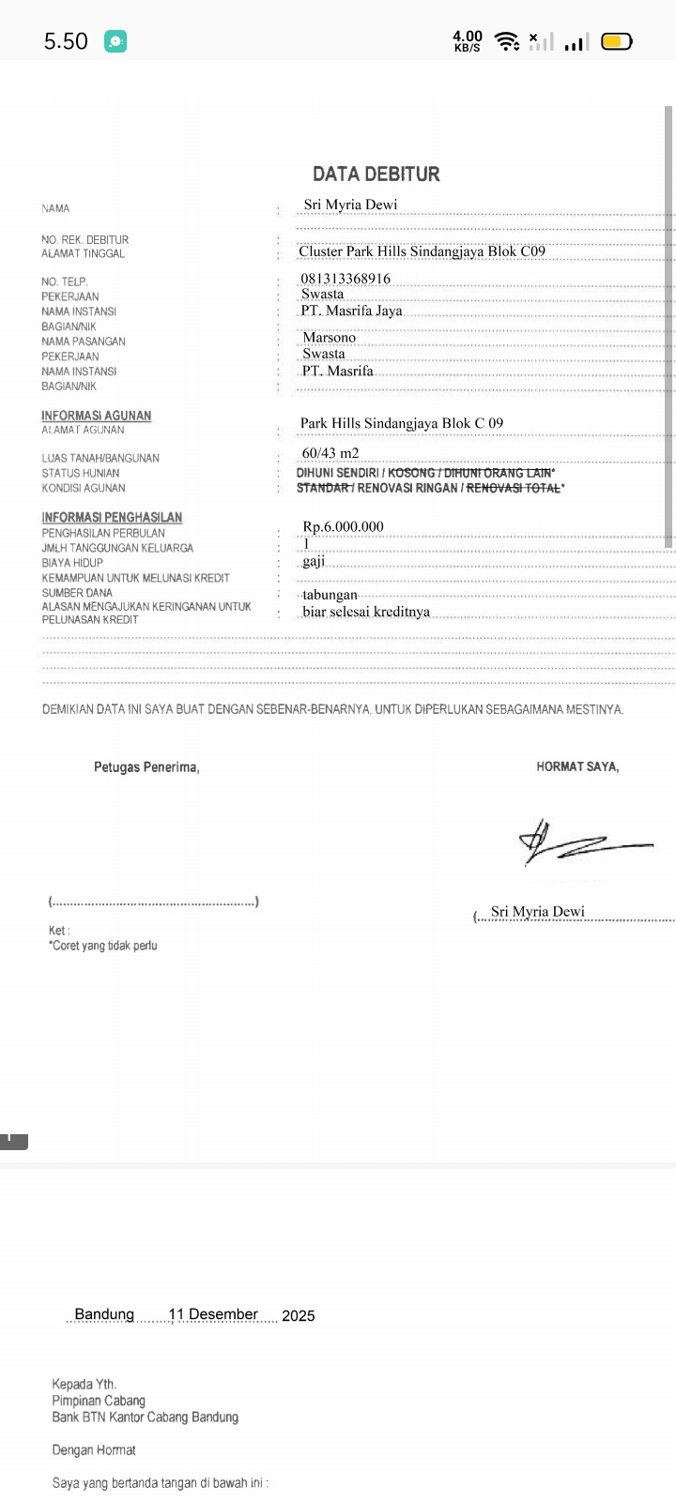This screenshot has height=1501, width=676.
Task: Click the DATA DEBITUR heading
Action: tap(376, 174)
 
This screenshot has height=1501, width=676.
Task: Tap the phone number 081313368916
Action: tap(346, 279)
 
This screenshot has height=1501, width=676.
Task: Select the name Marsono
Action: tap(329, 338)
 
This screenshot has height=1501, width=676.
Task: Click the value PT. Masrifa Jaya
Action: tap(351, 311)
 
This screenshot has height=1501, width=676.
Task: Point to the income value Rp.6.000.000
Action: tap(343, 526)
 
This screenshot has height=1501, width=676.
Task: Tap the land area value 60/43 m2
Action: tap(330, 453)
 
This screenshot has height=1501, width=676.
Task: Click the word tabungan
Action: tap(330, 595)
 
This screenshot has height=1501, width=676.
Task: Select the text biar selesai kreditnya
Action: tap(366, 612)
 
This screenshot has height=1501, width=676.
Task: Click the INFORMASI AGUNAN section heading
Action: tap(96, 416)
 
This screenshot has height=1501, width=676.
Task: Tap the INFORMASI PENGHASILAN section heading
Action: tap(112, 517)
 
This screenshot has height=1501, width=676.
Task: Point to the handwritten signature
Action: tap(582, 841)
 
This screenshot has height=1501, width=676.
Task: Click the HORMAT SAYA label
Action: tap(577, 766)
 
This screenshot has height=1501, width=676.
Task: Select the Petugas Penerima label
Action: tap(146, 767)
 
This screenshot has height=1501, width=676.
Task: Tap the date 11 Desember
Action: tap(213, 1314)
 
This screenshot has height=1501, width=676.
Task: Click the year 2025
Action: tap(298, 1315)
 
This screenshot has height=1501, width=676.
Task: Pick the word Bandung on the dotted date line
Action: tap(104, 1314)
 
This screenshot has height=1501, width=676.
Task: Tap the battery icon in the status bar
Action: tap(617, 41)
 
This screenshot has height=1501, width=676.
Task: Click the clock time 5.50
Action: tap(66, 41)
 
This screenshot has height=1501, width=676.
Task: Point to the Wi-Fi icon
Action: tap(507, 41)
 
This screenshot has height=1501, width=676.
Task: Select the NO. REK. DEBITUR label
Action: tap(84, 240)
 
